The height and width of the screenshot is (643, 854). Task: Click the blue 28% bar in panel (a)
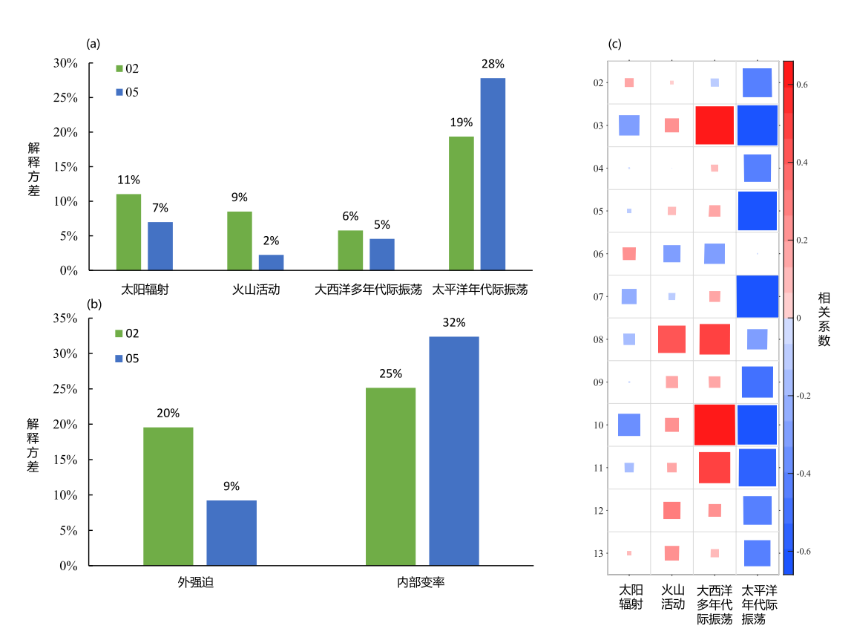(493, 174)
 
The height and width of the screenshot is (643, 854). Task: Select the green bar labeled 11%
(128, 232)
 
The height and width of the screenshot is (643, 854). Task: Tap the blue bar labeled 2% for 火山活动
(271, 262)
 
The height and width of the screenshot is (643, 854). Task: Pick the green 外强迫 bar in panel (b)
(168, 496)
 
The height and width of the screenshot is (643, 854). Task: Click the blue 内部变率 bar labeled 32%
(454, 451)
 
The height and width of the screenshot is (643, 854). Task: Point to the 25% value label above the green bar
(390, 373)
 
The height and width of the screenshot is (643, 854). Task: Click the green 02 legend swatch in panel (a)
(119, 69)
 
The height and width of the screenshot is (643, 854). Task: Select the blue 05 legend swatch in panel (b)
(119, 359)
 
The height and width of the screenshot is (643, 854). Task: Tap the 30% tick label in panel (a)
(65, 63)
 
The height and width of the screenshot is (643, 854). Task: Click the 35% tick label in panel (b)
(65, 319)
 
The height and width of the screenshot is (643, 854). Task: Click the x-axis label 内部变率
(421, 584)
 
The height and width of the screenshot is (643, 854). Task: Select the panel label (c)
(614, 44)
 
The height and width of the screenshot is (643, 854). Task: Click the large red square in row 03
(715, 125)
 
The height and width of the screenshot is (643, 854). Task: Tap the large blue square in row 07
(757, 296)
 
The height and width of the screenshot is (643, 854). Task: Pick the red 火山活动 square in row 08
(671, 339)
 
